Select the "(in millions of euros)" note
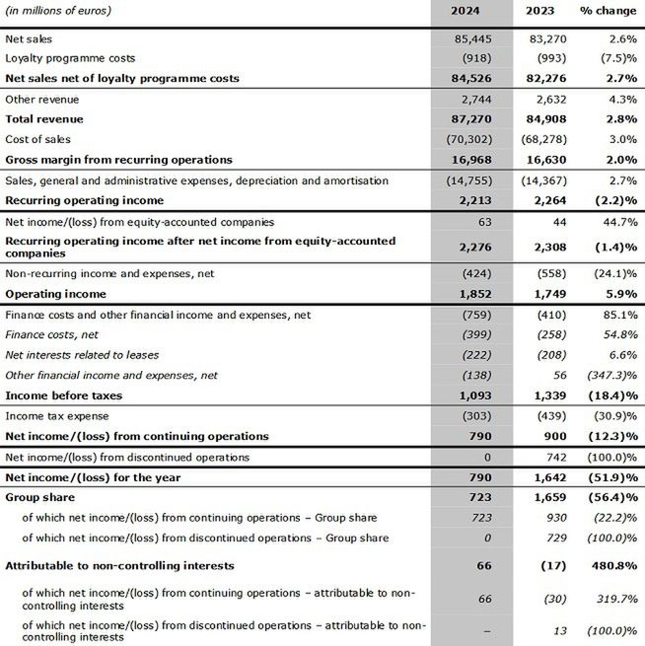pyautogui.click(x=58, y=11)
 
